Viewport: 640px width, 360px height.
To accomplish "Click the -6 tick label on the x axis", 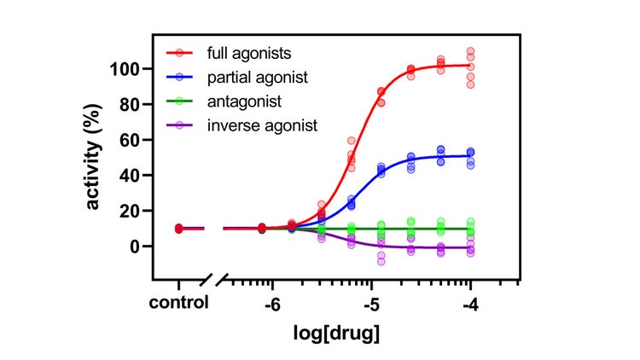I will click(272, 303).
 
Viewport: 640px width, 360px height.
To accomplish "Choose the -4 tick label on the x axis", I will click(469, 303).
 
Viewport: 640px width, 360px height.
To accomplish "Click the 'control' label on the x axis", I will click(177, 303).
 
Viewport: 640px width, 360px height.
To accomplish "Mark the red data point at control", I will click(178, 229).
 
